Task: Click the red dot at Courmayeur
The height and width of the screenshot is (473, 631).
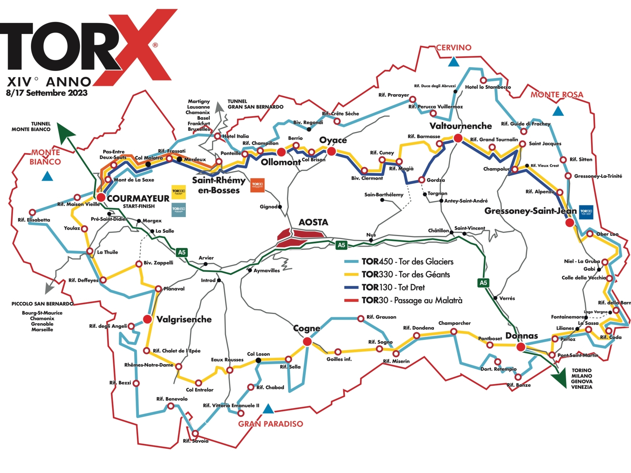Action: (x=101, y=197)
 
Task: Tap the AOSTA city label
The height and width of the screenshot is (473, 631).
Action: (x=313, y=222)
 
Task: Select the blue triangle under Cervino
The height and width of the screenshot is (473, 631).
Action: (x=454, y=62)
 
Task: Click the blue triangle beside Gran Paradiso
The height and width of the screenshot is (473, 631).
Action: (x=268, y=409)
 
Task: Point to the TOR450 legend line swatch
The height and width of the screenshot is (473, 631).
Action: (x=351, y=261)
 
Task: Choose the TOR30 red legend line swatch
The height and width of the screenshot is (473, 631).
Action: (x=351, y=300)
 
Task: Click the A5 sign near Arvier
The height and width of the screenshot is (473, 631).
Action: (x=182, y=252)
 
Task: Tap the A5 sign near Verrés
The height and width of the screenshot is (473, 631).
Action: (x=483, y=283)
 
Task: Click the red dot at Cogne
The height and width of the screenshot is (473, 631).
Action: (x=307, y=342)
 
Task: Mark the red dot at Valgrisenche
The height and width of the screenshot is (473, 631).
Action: (x=147, y=319)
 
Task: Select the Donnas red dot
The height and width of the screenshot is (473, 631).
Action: (x=521, y=347)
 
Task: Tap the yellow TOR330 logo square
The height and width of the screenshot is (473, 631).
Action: (x=179, y=192)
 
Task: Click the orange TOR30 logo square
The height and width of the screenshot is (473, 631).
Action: (x=257, y=185)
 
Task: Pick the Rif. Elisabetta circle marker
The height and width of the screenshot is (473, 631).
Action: (x=32, y=212)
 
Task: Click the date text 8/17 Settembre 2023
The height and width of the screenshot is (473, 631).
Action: (x=47, y=93)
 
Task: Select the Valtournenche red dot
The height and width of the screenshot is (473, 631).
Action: (x=458, y=138)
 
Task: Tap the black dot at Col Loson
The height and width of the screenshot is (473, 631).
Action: (x=258, y=360)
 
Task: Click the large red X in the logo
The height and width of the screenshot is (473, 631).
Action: (x=133, y=47)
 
